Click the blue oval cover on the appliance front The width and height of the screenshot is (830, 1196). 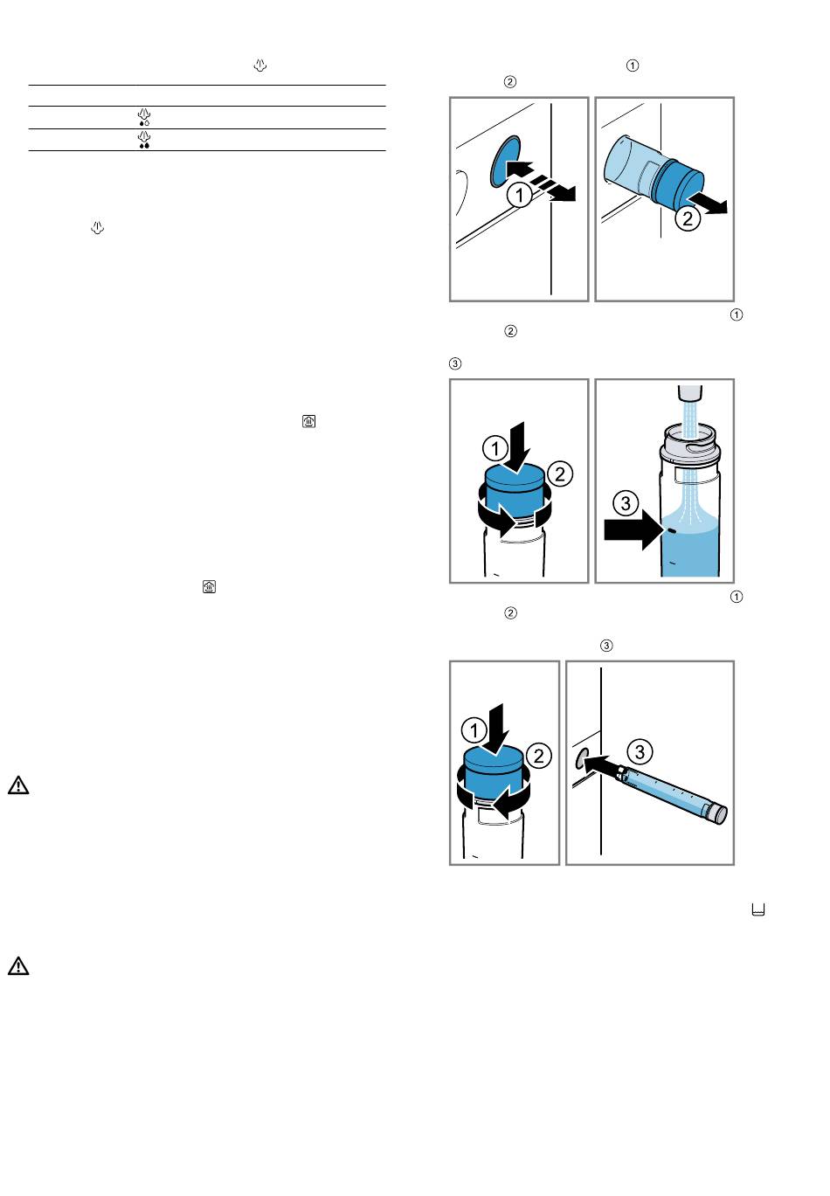(x=505, y=162)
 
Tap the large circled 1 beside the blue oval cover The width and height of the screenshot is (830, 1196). (x=520, y=195)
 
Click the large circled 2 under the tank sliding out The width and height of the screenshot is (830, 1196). (x=688, y=218)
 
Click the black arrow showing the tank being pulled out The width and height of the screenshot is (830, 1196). (x=707, y=204)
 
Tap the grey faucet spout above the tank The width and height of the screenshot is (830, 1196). (x=690, y=393)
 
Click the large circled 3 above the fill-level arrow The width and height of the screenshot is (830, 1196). (x=626, y=503)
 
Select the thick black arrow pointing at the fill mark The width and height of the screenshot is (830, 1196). (x=634, y=529)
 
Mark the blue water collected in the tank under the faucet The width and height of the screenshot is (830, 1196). (x=690, y=549)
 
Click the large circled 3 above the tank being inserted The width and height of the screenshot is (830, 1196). (x=640, y=752)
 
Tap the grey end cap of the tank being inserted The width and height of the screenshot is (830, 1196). (x=716, y=813)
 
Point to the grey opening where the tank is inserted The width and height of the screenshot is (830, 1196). (x=580, y=757)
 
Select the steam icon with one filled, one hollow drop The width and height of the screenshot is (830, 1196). (x=144, y=117)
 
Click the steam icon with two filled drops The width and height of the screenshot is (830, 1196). (x=144, y=140)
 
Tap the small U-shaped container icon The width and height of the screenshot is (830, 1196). (x=757, y=909)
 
